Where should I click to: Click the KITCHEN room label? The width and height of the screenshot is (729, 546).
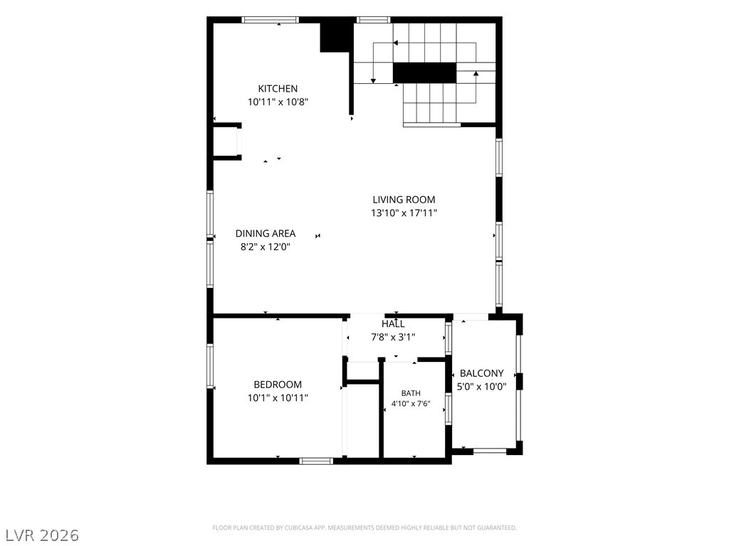(x=278, y=89)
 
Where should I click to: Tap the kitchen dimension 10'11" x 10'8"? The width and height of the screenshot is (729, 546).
(x=278, y=102)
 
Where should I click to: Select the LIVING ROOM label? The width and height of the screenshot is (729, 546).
(x=404, y=200)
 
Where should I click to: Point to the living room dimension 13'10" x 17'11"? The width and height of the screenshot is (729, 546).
(x=404, y=213)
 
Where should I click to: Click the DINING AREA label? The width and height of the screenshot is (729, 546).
(x=266, y=233)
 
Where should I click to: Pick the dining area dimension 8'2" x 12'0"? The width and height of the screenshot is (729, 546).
(x=266, y=247)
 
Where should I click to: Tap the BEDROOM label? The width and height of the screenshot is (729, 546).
(x=278, y=385)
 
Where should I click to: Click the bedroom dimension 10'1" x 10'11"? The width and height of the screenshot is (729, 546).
(x=278, y=398)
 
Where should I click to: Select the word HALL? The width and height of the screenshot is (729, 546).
(x=393, y=323)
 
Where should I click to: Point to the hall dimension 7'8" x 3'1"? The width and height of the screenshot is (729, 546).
(x=393, y=337)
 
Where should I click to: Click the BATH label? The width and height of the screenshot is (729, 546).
(x=411, y=393)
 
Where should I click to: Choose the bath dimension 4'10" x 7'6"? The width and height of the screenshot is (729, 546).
(x=411, y=404)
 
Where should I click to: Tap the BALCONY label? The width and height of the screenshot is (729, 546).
(x=482, y=373)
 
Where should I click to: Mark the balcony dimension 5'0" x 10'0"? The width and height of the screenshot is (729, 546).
(x=482, y=387)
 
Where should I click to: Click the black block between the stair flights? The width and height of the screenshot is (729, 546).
(x=424, y=73)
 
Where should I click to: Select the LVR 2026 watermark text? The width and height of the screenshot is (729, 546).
(x=40, y=535)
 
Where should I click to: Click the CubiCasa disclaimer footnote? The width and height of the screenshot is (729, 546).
(x=364, y=528)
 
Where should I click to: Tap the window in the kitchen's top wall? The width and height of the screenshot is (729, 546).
(x=270, y=19)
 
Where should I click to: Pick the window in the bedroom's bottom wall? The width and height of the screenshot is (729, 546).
(x=316, y=461)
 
